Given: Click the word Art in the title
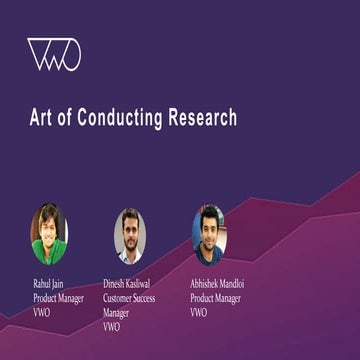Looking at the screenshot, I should tap(40, 118).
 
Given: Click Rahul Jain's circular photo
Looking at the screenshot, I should tap(48, 235).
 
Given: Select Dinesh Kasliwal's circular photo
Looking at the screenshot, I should tap(129, 235).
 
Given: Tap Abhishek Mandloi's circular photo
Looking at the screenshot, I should tap(209, 234).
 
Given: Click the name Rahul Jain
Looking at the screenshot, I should tap(51, 284).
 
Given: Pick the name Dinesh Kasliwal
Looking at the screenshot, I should tap(133, 284).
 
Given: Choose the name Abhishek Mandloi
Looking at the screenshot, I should tap(218, 284).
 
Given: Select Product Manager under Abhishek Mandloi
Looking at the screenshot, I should tap(218, 298).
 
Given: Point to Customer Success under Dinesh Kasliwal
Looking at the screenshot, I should tap(135, 298).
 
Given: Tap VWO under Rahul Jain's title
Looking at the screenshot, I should tap(42, 312).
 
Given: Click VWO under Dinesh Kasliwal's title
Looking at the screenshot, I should tap(112, 326).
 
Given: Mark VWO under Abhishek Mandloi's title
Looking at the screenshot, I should tap(199, 312).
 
